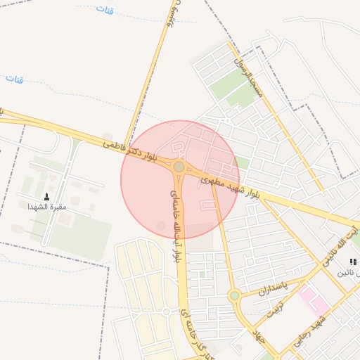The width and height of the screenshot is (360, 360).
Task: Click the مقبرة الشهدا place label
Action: (47, 207)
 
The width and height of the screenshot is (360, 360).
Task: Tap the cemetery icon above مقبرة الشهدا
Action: (47, 196)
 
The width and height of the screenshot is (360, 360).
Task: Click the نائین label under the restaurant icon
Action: (350, 272)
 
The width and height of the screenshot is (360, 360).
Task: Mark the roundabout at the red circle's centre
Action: (179, 167)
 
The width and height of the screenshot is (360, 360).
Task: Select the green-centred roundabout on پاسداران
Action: (234, 295)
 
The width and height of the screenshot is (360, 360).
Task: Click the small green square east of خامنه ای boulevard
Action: (202, 274)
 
